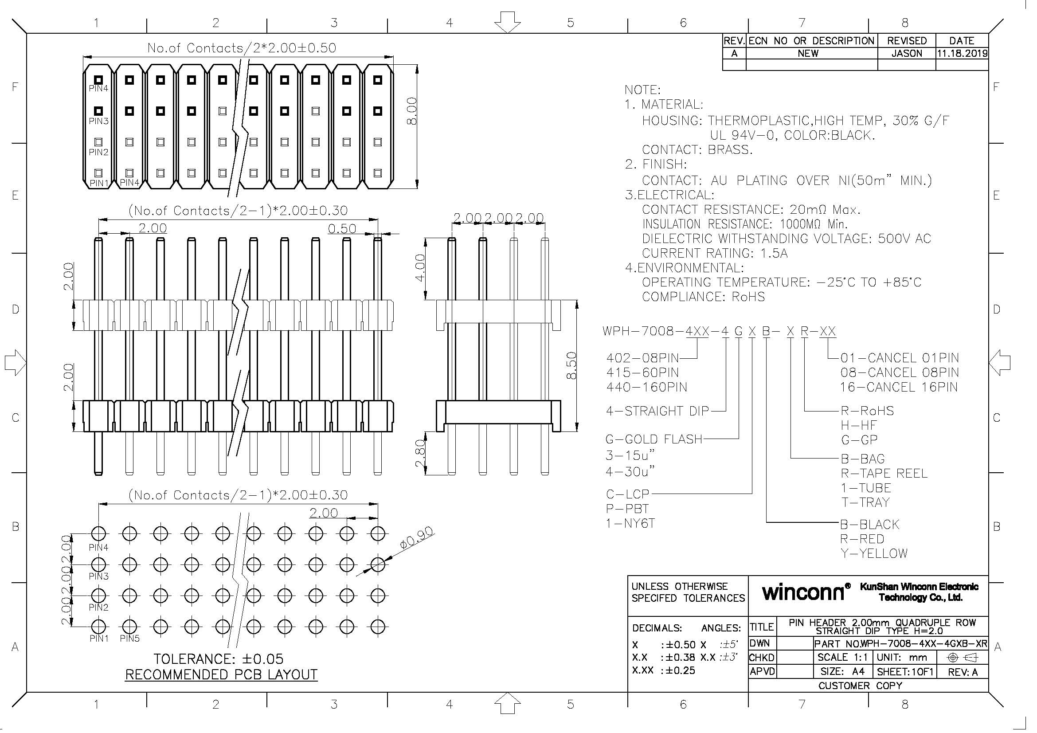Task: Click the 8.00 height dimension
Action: point(411,112)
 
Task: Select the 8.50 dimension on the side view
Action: point(571,365)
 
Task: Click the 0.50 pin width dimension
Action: point(342,228)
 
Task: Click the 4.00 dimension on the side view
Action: point(419,267)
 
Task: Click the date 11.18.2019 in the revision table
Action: point(962,53)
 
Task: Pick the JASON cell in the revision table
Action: point(907,53)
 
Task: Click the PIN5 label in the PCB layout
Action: point(129,639)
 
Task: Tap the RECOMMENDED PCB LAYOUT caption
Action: point(221,674)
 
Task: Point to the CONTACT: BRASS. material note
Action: point(697,149)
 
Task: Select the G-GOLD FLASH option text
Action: point(654,439)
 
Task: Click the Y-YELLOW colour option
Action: point(873,553)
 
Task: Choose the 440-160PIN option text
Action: point(646,387)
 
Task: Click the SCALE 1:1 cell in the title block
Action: point(842,657)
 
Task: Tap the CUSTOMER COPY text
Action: point(860,686)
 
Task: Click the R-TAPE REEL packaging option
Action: point(884,473)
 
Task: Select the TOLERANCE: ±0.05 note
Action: point(218,659)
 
